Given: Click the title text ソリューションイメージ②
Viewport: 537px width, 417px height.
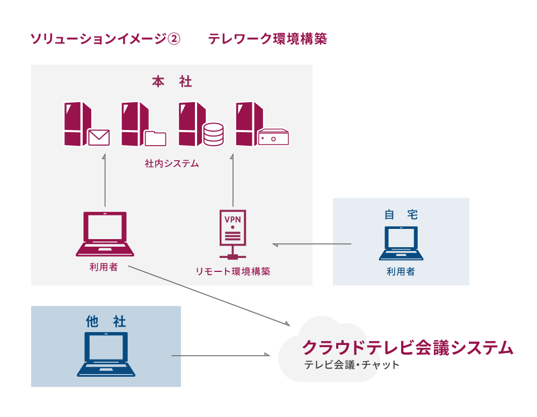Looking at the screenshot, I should tap(106, 39).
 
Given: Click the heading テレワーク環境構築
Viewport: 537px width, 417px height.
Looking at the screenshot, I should tap(267, 39).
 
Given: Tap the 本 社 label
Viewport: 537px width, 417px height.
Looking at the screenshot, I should tap(172, 82).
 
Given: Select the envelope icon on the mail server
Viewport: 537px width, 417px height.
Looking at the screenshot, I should tap(98, 138).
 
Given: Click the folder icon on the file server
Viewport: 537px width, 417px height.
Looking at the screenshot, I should tap(156, 139).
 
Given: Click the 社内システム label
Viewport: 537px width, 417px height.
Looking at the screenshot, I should tap(172, 163).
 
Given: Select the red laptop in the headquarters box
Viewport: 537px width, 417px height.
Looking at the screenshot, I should tap(105, 234).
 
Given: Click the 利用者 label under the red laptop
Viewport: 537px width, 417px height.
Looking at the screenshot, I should tap(104, 267).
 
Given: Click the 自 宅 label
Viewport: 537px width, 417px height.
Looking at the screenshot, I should tap(401, 214).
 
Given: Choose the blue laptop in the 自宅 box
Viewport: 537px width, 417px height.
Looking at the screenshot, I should tap(401, 243).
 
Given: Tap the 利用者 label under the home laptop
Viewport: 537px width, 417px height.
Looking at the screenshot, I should tap(401, 272).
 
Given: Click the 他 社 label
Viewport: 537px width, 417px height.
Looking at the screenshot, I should tap(106, 321).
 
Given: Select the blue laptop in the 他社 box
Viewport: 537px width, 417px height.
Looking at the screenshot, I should tap(106, 354).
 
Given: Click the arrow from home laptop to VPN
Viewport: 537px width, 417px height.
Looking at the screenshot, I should tap(311, 245).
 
